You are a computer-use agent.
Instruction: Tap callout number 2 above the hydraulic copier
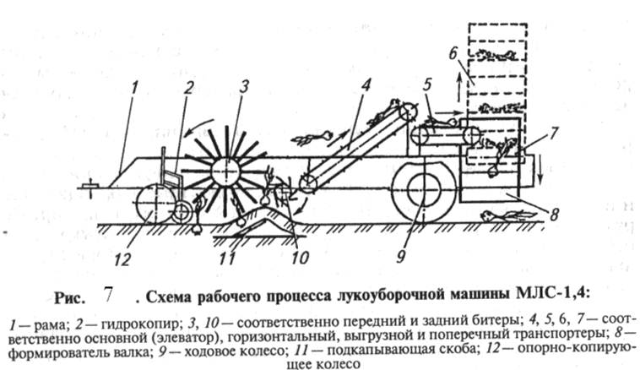(x=192, y=88)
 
